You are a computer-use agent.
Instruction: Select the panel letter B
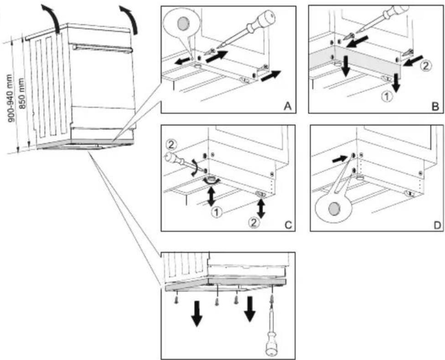click(435, 107)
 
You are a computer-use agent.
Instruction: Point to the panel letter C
click(288, 225)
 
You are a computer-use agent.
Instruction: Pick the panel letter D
click(437, 225)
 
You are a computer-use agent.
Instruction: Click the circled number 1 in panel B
click(387, 97)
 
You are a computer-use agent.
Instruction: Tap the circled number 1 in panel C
click(216, 212)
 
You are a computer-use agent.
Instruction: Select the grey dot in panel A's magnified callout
click(183, 23)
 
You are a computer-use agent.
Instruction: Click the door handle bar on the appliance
click(103, 48)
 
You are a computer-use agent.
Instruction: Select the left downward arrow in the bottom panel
click(197, 314)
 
